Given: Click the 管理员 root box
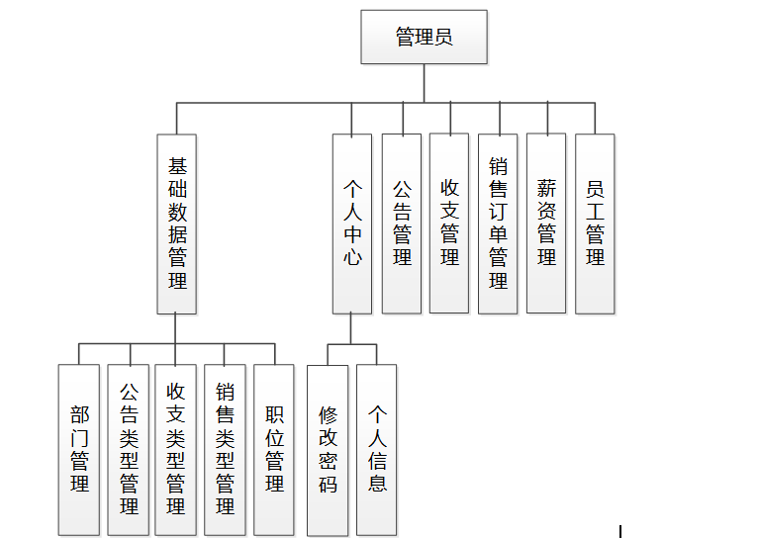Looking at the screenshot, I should (x=424, y=38).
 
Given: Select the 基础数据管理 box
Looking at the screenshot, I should (x=177, y=224).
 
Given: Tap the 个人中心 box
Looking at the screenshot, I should (x=352, y=224).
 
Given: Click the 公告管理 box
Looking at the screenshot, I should (x=401, y=224).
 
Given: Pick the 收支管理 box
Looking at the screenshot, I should (x=449, y=224).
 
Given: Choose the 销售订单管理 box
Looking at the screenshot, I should (x=498, y=224).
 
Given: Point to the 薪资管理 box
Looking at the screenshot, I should (x=546, y=224).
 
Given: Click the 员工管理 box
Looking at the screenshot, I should (x=595, y=224).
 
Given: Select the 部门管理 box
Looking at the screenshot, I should (x=79, y=450).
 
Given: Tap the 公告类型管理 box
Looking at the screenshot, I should (x=129, y=450).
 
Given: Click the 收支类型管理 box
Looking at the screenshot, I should (x=176, y=450).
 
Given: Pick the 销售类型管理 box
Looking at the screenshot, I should (x=225, y=450).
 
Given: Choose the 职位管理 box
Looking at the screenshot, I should (x=274, y=450).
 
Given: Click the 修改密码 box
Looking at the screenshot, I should (x=328, y=450).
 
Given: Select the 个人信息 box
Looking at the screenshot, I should (x=377, y=450).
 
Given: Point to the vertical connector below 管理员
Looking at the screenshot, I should (x=424, y=83).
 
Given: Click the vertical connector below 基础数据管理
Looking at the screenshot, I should (x=176, y=328).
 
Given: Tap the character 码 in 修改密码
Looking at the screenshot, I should (x=328, y=484).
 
